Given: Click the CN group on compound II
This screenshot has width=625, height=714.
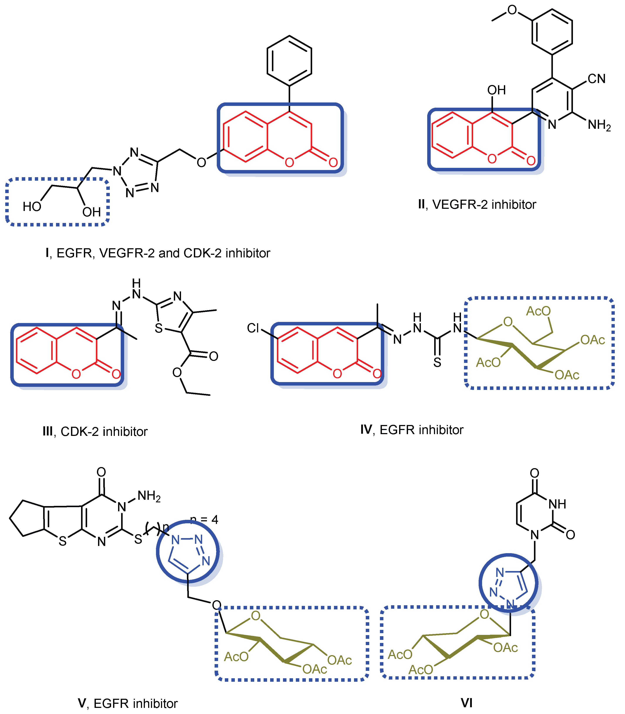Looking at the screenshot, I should (596, 79).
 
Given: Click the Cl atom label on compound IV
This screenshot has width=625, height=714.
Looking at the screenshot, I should (253, 328).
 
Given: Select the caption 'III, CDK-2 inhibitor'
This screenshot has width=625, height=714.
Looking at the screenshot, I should (95, 432).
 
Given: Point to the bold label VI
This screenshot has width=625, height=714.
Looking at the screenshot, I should (466, 702).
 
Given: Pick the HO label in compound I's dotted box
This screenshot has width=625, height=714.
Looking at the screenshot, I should (32, 207).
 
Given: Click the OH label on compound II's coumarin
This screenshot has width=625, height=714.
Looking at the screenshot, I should (496, 90).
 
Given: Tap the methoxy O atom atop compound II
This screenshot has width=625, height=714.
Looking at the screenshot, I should (512, 10).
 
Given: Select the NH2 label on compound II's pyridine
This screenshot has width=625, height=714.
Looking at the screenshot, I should (599, 125).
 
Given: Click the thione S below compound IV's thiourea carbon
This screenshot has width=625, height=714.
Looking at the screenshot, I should (437, 363).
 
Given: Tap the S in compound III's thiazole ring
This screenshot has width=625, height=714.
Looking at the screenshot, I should (159, 328).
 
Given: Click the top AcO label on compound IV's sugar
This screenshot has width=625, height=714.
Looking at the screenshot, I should (538, 311).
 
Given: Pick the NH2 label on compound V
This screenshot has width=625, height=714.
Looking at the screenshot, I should (149, 496).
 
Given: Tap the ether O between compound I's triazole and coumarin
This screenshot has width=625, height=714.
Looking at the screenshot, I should (201, 163).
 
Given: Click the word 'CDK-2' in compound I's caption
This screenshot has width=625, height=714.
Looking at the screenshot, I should (202, 253).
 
